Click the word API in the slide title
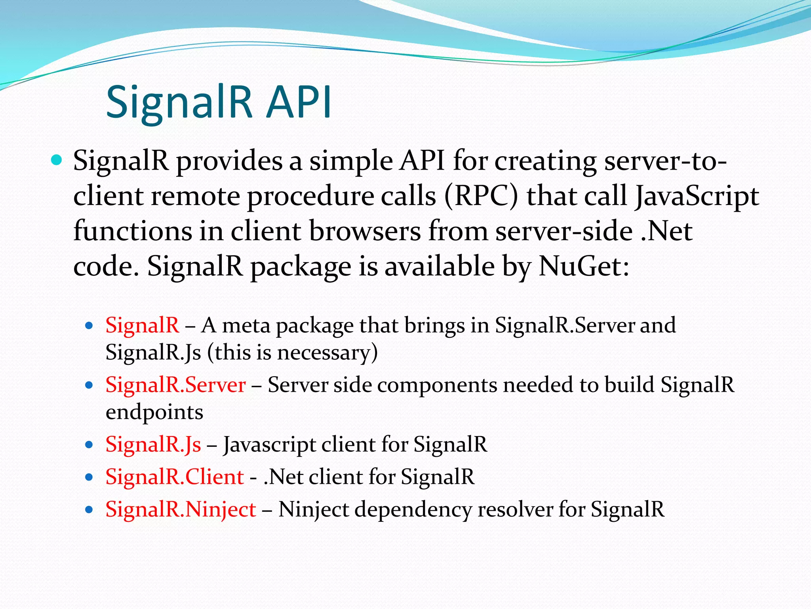[299, 102]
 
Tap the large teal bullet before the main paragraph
[57, 160]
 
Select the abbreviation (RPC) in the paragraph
[481, 196]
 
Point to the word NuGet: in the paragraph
[584, 266]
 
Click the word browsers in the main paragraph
[365, 231]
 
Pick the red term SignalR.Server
[175, 385]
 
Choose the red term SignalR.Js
[153, 444]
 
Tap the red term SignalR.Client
[175, 477]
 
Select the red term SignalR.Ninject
[181, 509]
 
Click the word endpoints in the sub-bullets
[154, 412]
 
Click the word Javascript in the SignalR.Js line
[269, 445]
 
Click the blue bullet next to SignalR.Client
[89, 477]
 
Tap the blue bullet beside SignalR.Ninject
[89, 509]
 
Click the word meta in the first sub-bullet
[246, 326]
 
